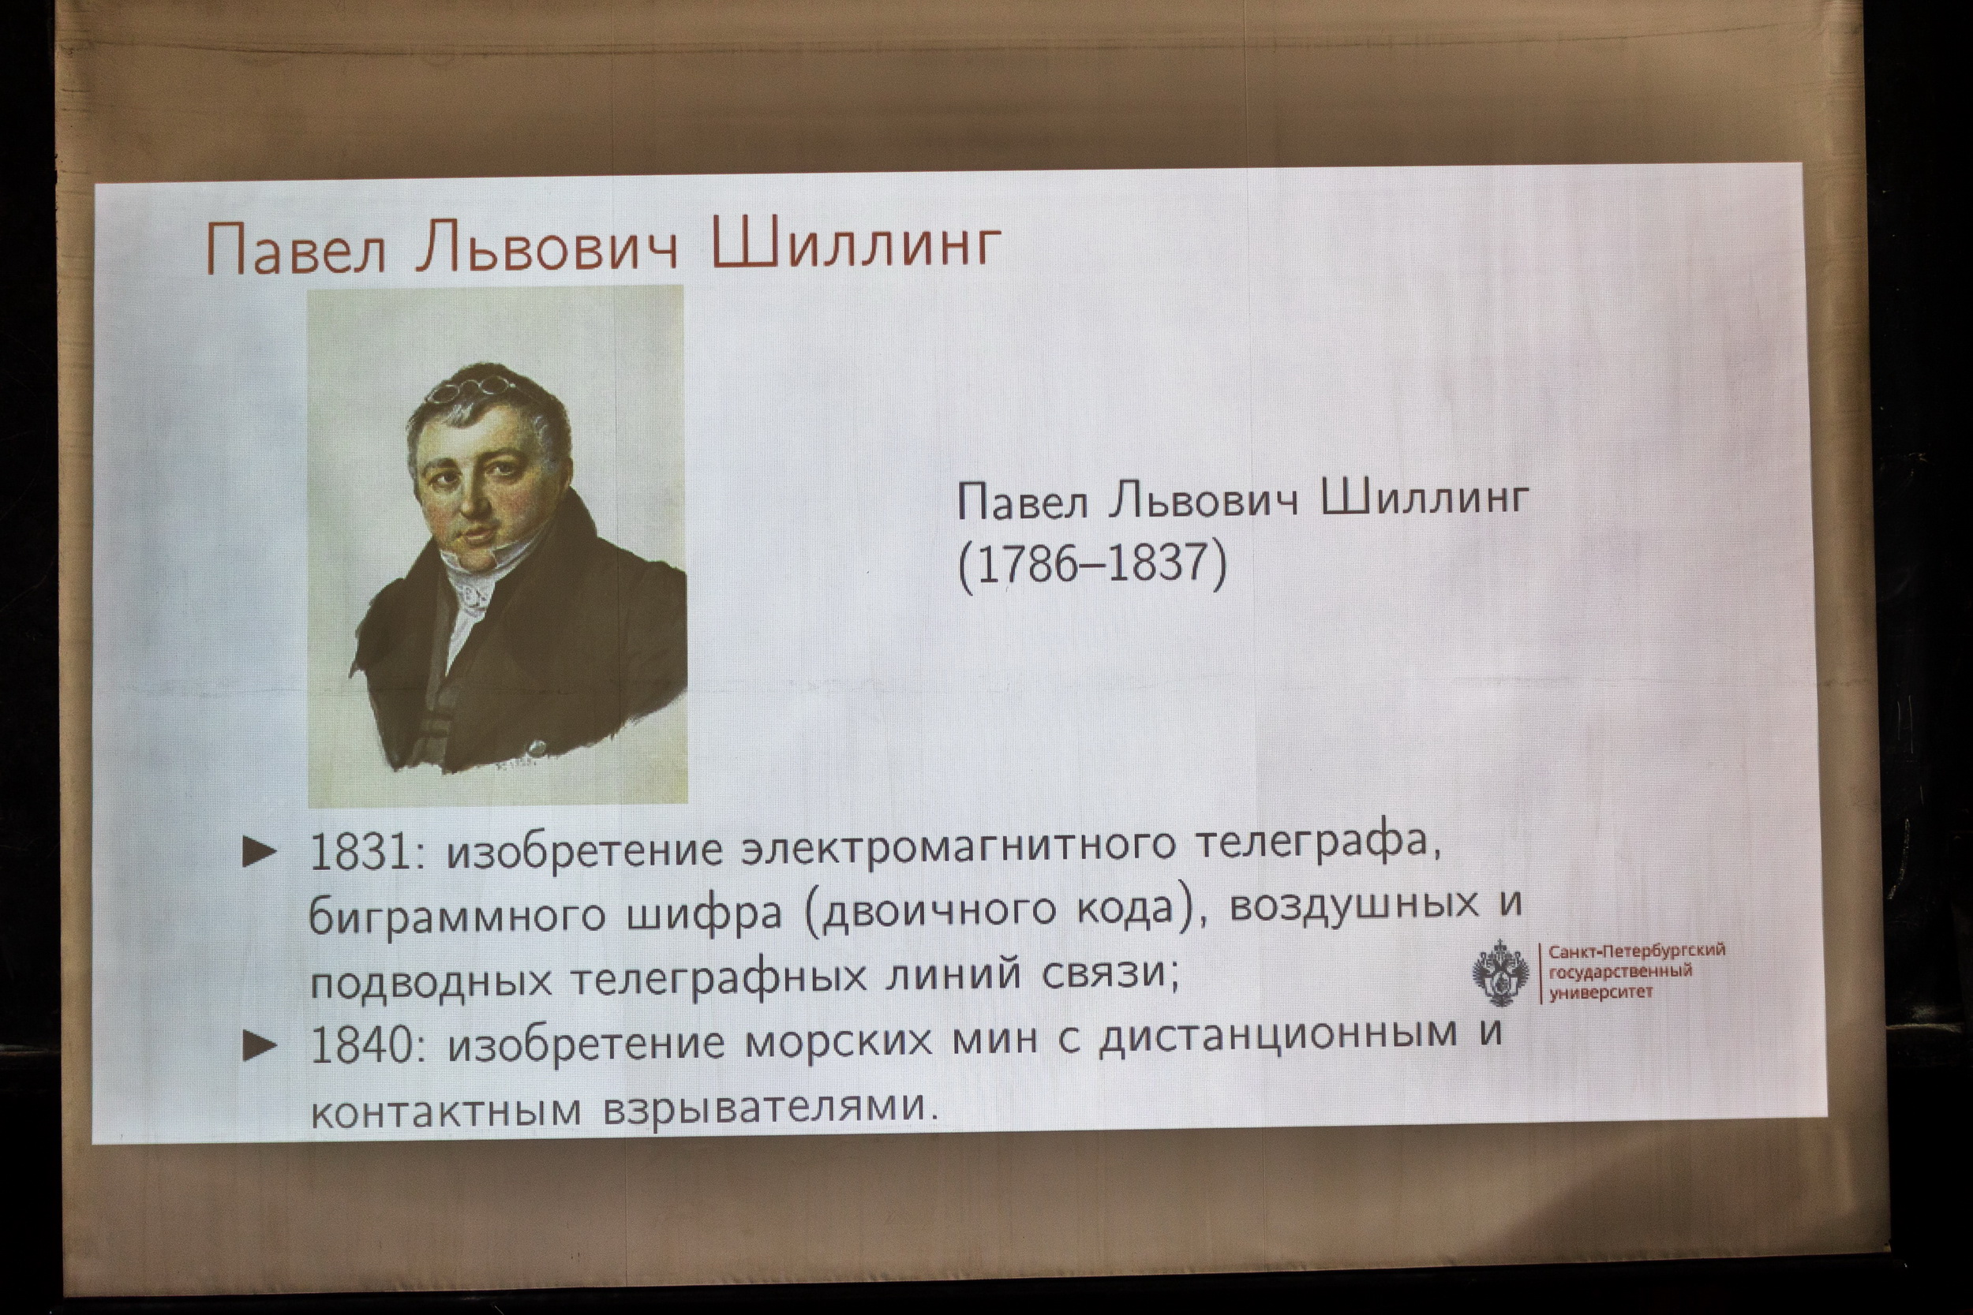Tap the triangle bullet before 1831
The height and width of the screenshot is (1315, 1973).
click(x=259, y=853)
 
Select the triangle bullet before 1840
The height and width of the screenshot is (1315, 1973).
click(x=259, y=1047)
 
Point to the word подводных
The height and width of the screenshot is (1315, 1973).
click(x=431, y=980)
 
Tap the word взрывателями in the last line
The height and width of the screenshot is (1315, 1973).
click(x=767, y=1107)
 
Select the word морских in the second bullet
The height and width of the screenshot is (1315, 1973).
click(x=839, y=1040)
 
